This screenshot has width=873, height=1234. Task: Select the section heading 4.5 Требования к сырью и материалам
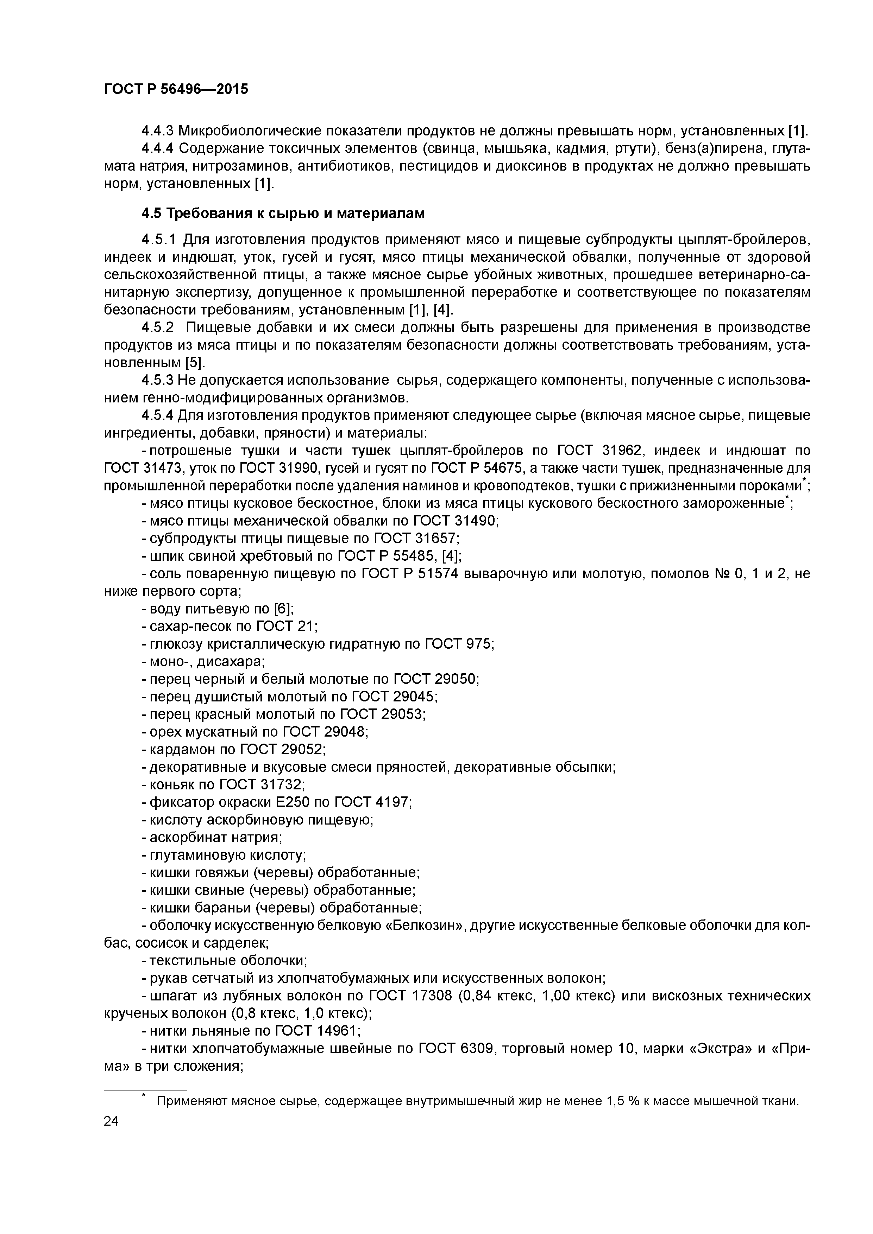click(x=283, y=214)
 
